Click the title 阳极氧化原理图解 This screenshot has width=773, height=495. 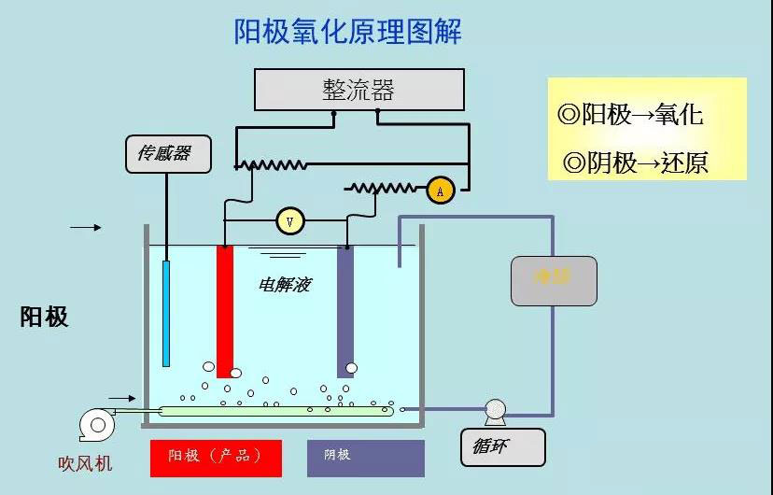pyautogui.click(x=347, y=31)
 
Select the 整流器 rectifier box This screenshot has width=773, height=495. pyautogui.click(x=359, y=90)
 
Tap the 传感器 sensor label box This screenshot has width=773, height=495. pyautogui.click(x=168, y=154)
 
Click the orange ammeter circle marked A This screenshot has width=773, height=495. pyautogui.click(x=441, y=191)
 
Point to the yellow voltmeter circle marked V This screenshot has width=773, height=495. pyautogui.click(x=291, y=221)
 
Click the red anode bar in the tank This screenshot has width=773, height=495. pyautogui.click(x=225, y=308)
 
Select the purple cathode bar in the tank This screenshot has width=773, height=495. pyautogui.click(x=345, y=308)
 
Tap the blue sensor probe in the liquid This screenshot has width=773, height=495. pyautogui.click(x=166, y=313)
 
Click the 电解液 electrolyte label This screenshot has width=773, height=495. pyautogui.click(x=284, y=284)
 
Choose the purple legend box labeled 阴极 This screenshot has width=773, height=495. pyautogui.click(x=365, y=458)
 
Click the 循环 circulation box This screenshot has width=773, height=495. pyautogui.click(x=502, y=446)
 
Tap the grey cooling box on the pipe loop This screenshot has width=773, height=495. pyautogui.click(x=554, y=279)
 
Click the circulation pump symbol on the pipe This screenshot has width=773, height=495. pyautogui.click(x=494, y=409)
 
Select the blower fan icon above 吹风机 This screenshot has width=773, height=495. pyautogui.click(x=97, y=424)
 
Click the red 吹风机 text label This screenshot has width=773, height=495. pyautogui.click(x=85, y=462)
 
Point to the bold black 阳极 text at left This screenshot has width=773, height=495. pyautogui.click(x=44, y=317)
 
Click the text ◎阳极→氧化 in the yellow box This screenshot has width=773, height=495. pyautogui.click(x=630, y=115)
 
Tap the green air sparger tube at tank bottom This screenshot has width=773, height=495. pyautogui.click(x=275, y=410)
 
